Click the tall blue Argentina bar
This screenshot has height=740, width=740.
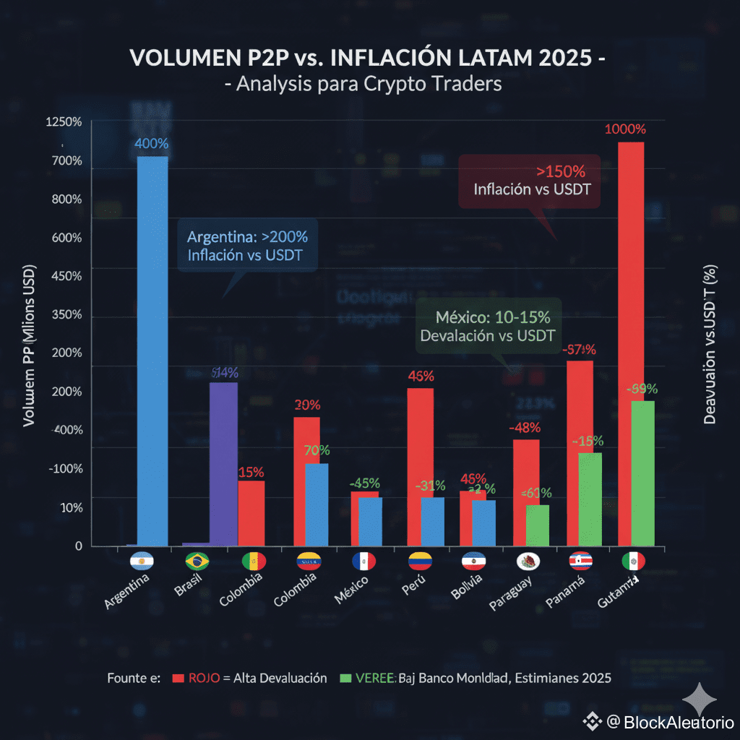[x=152, y=350]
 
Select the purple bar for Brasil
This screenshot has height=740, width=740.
[x=223, y=462]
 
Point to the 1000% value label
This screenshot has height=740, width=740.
[x=625, y=129]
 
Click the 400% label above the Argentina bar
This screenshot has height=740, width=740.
[x=152, y=144]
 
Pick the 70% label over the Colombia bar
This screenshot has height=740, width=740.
[x=317, y=450]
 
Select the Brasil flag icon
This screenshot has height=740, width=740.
[x=197, y=561]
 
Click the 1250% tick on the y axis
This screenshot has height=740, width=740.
[x=64, y=122]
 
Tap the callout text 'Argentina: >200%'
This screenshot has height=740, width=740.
[x=247, y=237]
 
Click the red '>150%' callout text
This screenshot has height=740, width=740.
[x=561, y=172]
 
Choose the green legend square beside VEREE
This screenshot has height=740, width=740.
[x=345, y=678]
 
